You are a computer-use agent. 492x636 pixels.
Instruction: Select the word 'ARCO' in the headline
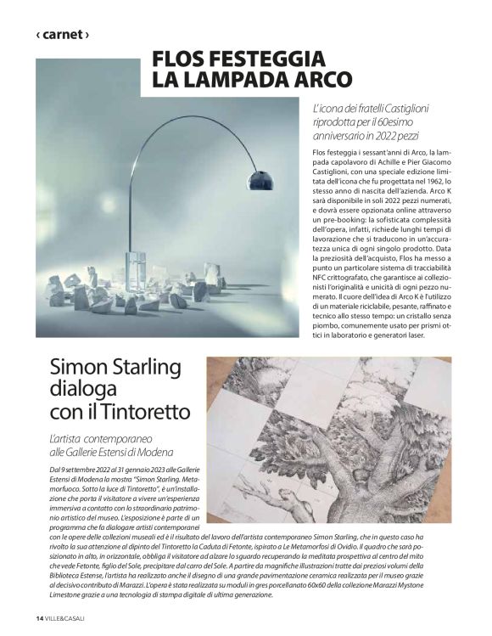[x=317, y=80]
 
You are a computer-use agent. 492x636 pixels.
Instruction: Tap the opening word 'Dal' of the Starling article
[x=55, y=469]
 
